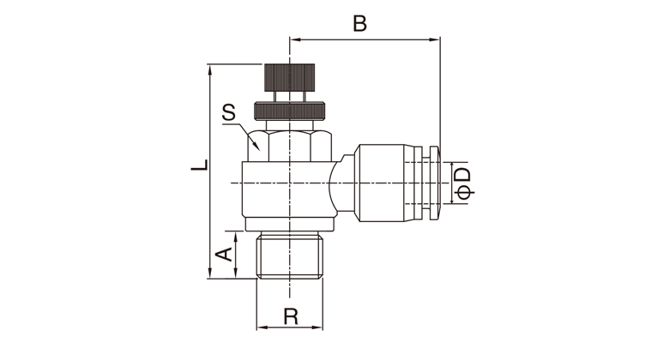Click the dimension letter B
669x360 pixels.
359,23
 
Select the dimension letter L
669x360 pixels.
200,165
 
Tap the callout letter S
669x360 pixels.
229,112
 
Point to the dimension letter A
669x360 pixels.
224,255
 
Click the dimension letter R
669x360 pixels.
291,316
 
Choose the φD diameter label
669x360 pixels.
463,183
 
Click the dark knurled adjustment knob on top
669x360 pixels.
290,78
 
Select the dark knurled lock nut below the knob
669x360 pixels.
290,111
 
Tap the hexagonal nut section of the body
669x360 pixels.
290,146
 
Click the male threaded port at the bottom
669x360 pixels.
289,255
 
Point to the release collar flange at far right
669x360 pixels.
433,183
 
